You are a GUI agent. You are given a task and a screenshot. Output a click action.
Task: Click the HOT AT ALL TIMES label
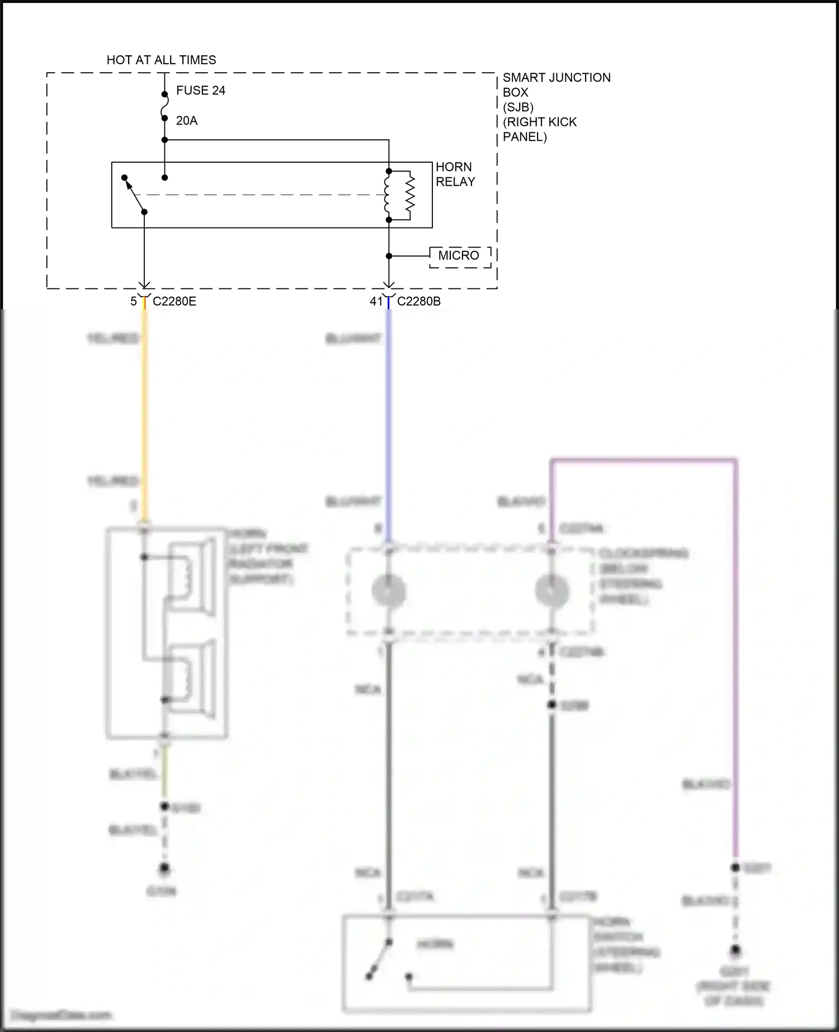point(161,60)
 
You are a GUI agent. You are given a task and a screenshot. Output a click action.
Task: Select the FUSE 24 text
point(200,91)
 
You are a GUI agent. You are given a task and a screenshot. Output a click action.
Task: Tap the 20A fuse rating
point(186,121)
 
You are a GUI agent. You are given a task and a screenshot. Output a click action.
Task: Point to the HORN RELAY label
point(455,174)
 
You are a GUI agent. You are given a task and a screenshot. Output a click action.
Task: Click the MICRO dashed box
point(459,256)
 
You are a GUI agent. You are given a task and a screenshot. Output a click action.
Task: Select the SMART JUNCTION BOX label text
point(556,107)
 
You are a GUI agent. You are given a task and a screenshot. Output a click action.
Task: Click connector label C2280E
point(175,301)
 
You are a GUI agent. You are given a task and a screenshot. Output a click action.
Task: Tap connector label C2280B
point(418,301)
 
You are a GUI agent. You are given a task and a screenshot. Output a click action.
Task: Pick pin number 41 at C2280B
point(376,301)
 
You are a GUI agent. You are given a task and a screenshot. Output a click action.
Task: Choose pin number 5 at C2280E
point(134,301)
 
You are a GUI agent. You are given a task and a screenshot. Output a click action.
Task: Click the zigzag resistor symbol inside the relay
point(410,196)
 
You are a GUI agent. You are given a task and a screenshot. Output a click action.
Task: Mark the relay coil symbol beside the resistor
point(387,196)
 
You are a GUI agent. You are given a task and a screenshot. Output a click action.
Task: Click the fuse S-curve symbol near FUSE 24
point(164,106)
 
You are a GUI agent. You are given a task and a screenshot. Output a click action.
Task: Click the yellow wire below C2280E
point(145,408)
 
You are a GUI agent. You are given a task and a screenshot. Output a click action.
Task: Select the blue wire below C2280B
point(388,408)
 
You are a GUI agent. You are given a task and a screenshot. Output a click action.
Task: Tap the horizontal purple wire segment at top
point(643,460)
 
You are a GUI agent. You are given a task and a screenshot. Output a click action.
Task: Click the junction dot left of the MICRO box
point(389,256)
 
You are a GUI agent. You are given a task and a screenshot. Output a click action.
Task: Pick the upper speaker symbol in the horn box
point(190,576)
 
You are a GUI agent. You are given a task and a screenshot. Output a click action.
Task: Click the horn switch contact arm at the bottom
point(379,959)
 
